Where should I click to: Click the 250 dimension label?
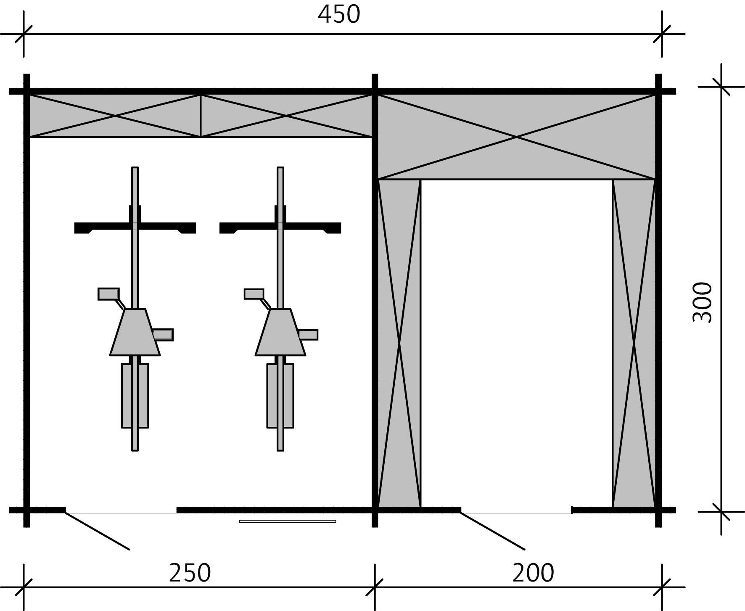point(190,573)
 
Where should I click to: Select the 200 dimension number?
point(533,573)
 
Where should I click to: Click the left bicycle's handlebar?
point(135,228)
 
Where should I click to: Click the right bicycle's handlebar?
point(280,228)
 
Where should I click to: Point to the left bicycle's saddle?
point(135,332)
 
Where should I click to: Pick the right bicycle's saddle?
point(280,332)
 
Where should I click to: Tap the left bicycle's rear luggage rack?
point(135,395)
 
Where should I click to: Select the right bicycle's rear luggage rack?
point(280,395)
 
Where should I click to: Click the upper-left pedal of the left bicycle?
point(108,294)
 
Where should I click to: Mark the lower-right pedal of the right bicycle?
point(308,335)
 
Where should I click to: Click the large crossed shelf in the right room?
point(516,137)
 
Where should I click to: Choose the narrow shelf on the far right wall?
point(634,343)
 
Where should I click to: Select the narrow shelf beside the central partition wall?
point(399,343)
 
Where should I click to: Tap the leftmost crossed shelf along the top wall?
point(115,116)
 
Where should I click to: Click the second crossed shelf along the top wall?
point(286,116)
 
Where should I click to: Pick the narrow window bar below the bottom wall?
point(288,521)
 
